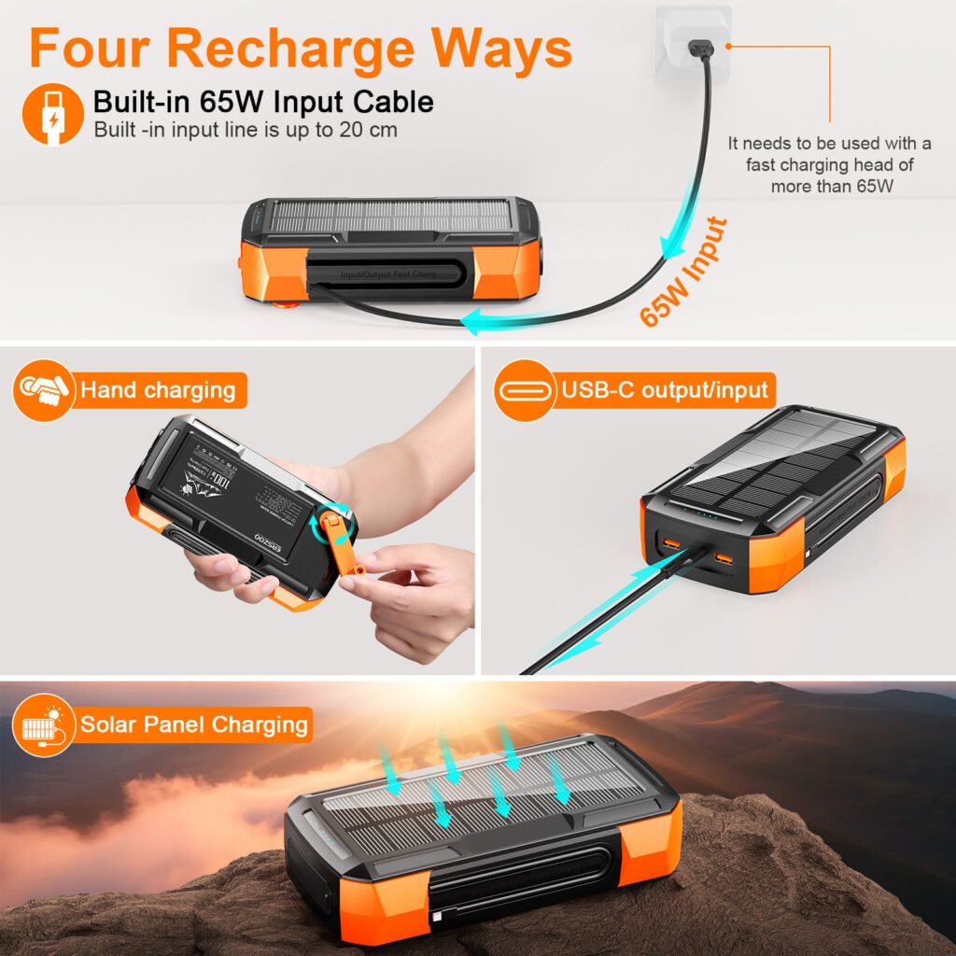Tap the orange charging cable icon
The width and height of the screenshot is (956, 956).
(52, 113)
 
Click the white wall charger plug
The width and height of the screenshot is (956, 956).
(693, 43)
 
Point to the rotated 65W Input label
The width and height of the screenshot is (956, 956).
(684, 271)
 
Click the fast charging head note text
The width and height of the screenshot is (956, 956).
(829, 164)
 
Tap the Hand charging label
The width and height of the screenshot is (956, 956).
(157, 389)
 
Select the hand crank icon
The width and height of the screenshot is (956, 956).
(44, 389)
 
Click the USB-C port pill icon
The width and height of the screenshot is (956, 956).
(525, 389)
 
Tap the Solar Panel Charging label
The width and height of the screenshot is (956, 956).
(193, 724)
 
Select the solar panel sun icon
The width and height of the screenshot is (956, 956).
(44, 724)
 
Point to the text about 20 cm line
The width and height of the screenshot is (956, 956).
(246, 129)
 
